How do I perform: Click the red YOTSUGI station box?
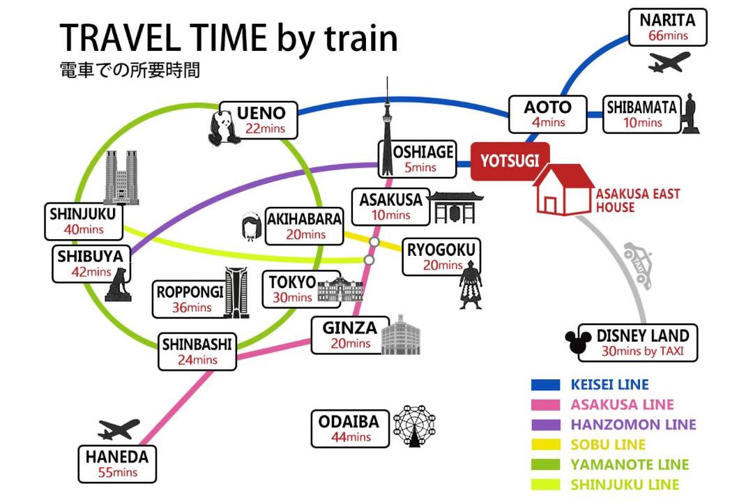tap(510, 162)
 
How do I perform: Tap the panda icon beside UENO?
tap(222, 128)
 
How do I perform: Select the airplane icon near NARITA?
tap(669, 62)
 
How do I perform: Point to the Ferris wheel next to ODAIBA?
tap(414, 426)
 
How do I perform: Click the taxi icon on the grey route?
tap(638, 265)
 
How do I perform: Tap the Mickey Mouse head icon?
tap(578, 341)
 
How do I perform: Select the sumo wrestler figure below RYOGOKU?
tap(470, 285)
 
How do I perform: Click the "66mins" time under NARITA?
tap(668, 36)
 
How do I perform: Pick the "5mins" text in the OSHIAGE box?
tap(420, 167)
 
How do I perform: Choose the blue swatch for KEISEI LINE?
tap(545, 385)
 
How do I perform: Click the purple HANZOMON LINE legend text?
tap(633, 425)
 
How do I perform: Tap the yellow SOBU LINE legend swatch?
tap(545, 445)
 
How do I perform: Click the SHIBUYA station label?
tap(90, 257)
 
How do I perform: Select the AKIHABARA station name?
tap(305, 219)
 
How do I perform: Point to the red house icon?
tap(563, 189)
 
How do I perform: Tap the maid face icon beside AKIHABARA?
tap(251, 227)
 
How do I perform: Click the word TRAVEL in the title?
tap(120, 38)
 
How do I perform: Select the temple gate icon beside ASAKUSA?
tap(455, 208)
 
